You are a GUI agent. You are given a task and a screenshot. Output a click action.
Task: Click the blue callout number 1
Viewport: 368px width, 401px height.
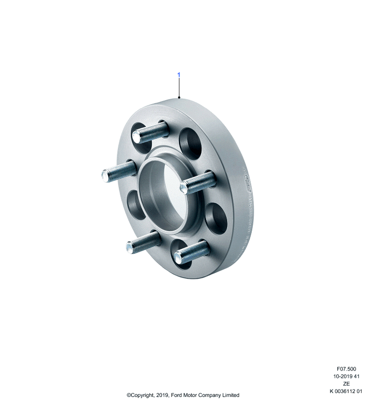click(x=179, y=75)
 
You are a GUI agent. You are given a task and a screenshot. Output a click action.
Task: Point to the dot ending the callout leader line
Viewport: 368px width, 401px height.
click(x=179, y=97)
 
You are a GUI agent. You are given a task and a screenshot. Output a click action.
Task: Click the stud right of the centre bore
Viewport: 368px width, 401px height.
click(x=198, y=182)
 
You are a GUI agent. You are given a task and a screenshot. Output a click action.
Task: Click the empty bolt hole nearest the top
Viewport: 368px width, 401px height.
click(x=190, y=141)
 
